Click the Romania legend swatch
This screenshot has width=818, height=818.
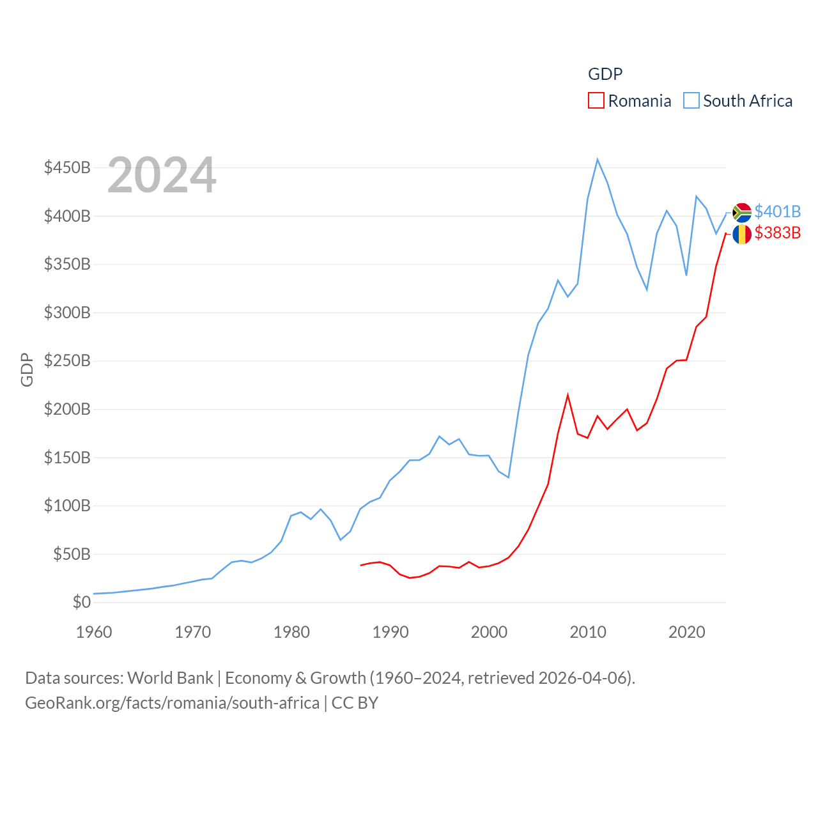click(x=596, y=101)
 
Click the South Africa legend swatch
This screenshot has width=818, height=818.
click(x=691, y=101)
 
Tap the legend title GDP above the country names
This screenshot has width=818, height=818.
click(x=605, y=74)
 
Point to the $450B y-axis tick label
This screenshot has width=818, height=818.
click(x=67, y=167)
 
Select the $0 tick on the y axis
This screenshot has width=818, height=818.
click(x=82, y=602)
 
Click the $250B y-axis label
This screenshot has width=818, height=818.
click(x=67, y=360)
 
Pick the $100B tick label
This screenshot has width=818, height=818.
click(x=67, y=505)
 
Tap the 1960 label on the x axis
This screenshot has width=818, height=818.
click(x=94, y=632)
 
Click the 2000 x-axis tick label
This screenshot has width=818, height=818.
click(x=489, y=632)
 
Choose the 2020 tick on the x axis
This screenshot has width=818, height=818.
click(x=686, y=632)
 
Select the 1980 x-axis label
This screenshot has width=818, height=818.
click(x=291, y=632)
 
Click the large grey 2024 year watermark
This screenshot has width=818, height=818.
click(x=162, y=175)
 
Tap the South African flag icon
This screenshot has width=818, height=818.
click(x=742, y=212)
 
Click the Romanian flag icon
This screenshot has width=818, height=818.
click(x=742, y=234)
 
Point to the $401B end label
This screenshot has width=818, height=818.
click(x=777, y=212)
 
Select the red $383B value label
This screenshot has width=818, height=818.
click(x=777, y=233)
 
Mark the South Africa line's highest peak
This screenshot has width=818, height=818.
click(x=598, y=160)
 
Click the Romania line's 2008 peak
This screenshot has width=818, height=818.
click(x=567, y=395)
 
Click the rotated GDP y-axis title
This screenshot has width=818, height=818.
click(x=27, y=369)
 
